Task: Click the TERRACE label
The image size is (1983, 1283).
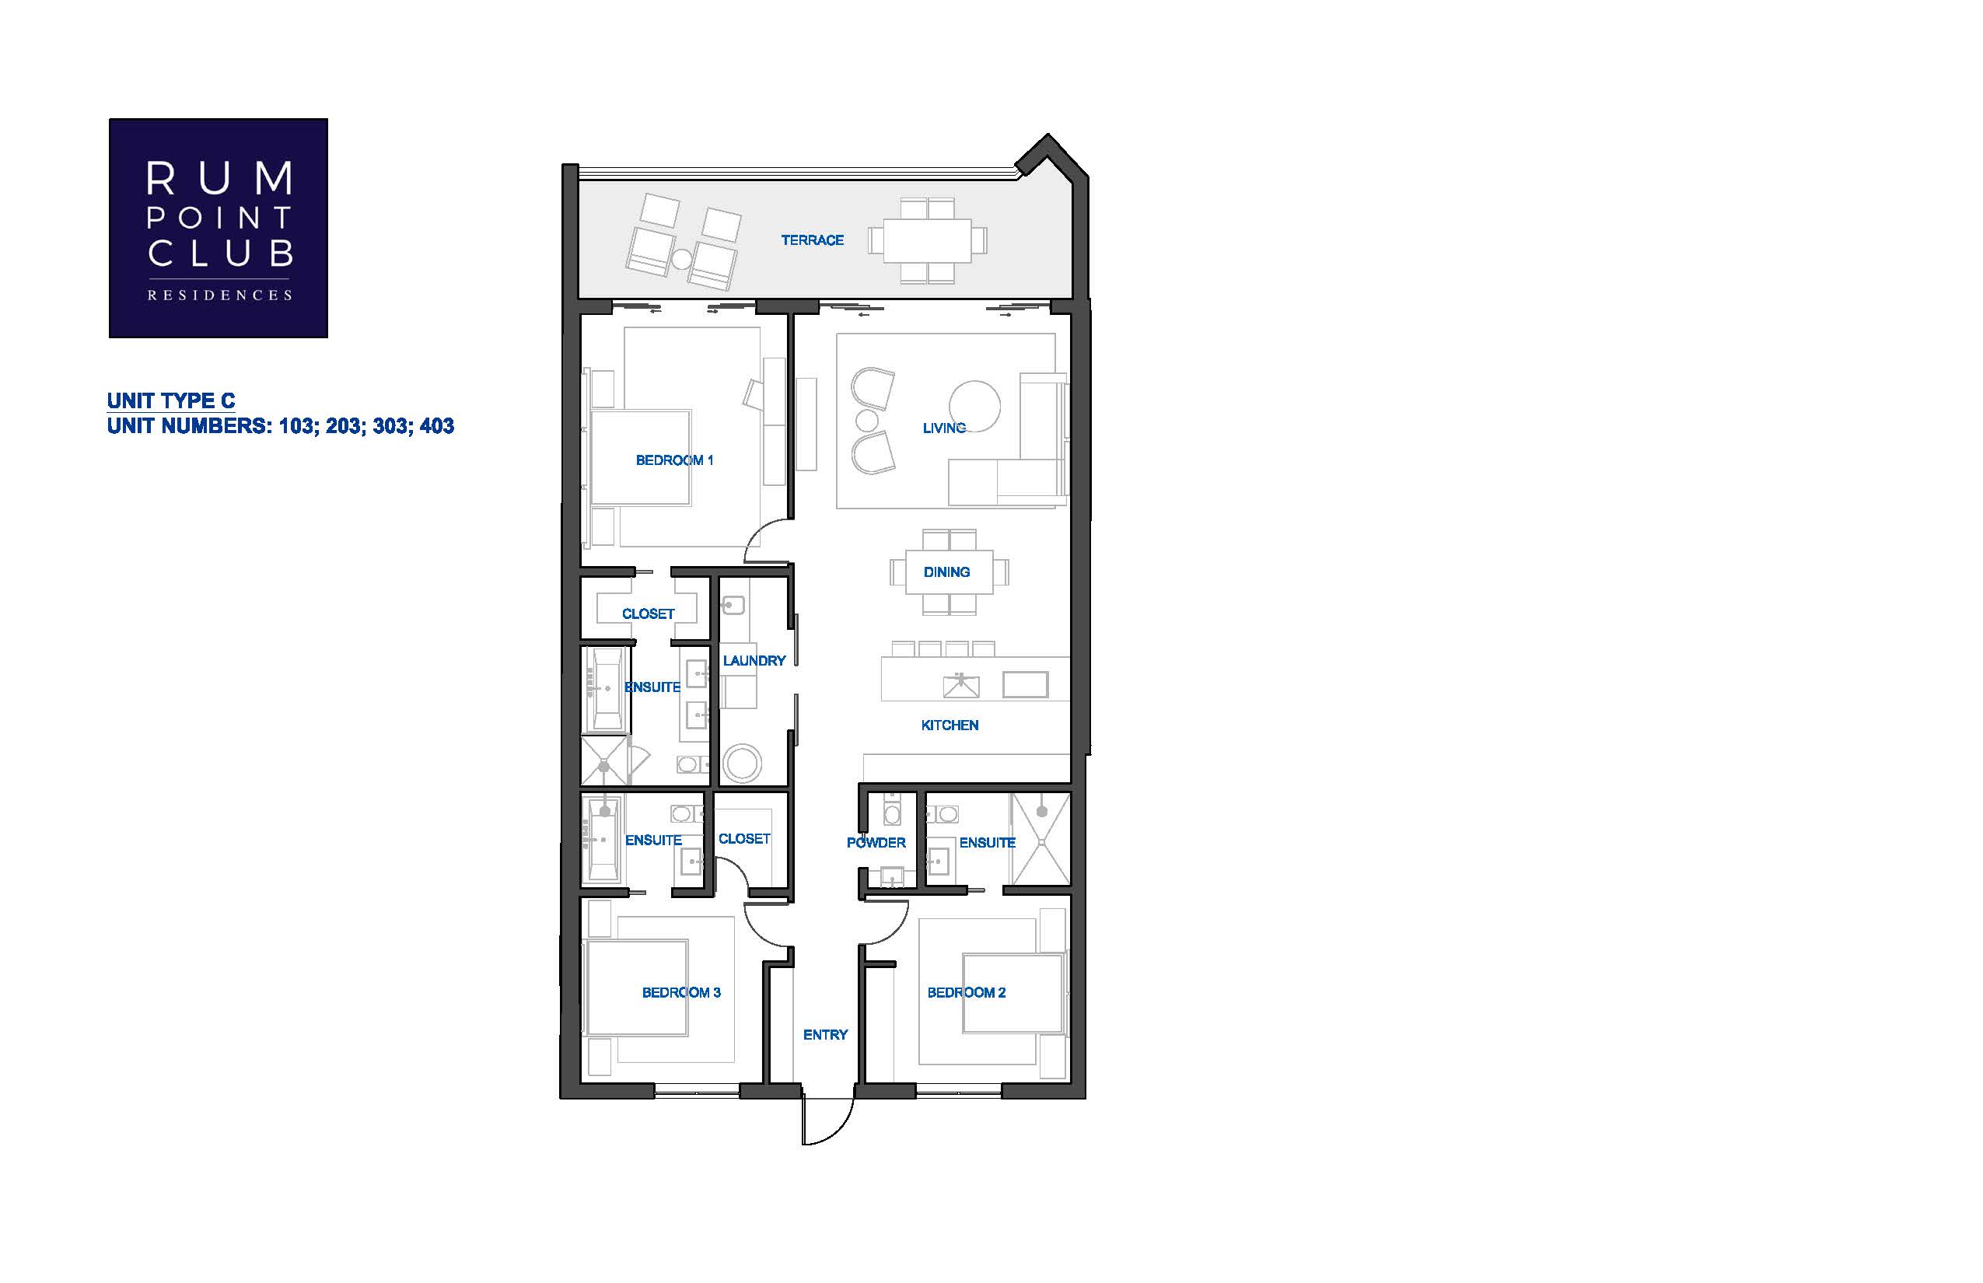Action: click(x=813, y=240)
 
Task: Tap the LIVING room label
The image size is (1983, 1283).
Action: click(x=944, y=428)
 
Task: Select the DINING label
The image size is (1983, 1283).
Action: click(x=946, y=572)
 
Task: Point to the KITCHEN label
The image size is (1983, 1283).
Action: click(x=950, y=725)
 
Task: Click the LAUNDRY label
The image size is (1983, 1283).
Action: click(x=754, y=661)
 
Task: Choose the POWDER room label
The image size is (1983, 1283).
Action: click(x=876, y=842)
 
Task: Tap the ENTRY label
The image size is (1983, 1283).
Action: click(x=825, y=1035)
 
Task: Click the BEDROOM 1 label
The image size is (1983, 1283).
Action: click(x=674, y=460)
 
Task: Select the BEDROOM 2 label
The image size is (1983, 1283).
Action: click(x=967, y=992)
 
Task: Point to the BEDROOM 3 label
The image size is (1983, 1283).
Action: click(x=680, y=992)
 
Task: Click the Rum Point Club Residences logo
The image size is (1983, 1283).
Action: click(x=219, y=229)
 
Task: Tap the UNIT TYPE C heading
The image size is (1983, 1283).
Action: click(x=171, y=400)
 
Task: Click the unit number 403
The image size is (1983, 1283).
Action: click(x=436, y=426)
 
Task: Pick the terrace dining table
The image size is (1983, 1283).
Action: click(x=927, y=240)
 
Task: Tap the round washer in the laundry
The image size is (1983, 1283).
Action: click(x=742, y=763)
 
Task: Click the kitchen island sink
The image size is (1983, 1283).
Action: click(x=960, y=685)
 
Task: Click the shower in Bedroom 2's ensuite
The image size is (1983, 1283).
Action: click(x=1040, y=838)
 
